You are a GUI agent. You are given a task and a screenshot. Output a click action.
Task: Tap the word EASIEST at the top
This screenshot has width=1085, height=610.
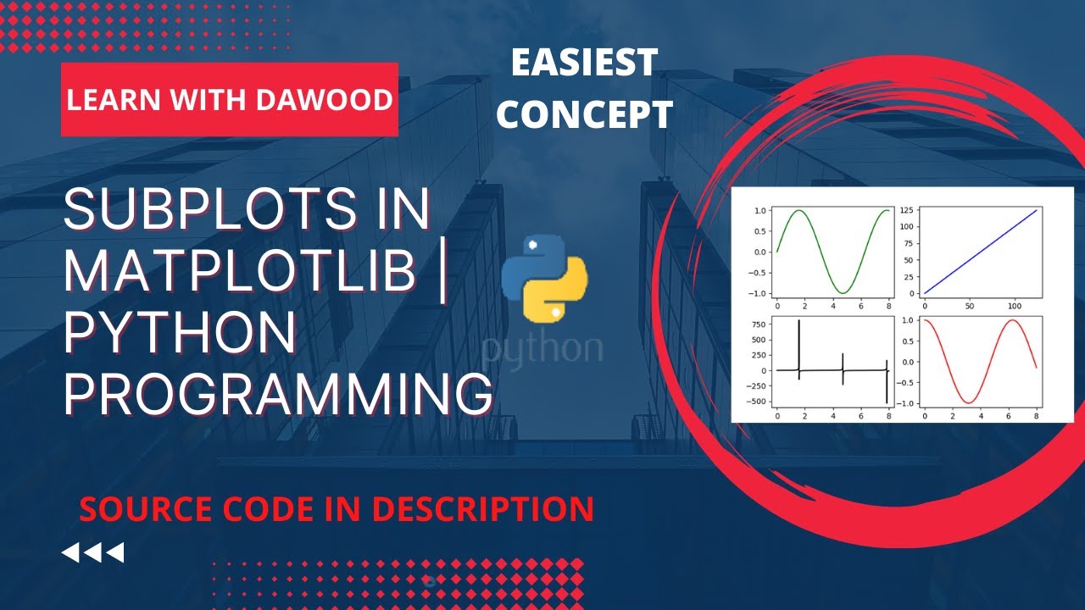tap(584, 63)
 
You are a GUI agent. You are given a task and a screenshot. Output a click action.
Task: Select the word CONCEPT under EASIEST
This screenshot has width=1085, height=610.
tap(584, 114)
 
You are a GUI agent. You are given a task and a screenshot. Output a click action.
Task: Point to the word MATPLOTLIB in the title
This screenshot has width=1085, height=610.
tap(239, 272)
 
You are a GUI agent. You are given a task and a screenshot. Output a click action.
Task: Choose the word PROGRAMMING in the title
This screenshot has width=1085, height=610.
tap(279, 395)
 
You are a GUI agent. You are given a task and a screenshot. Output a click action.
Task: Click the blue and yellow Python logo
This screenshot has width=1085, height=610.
tap(544, 279)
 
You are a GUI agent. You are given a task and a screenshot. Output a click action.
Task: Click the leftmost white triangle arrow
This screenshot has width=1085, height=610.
tap(71, 553)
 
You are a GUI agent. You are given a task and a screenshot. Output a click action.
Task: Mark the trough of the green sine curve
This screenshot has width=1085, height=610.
tap(843, 292)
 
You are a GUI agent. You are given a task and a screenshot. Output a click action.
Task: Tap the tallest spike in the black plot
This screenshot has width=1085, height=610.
tap(798, 321)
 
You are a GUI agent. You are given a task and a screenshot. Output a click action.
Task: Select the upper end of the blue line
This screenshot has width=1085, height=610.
tap(1037, 210)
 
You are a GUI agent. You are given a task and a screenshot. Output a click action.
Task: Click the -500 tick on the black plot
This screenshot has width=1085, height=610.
tap(757, 401)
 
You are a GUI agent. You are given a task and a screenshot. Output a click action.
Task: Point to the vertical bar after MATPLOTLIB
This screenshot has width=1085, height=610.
tap(446, 272)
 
